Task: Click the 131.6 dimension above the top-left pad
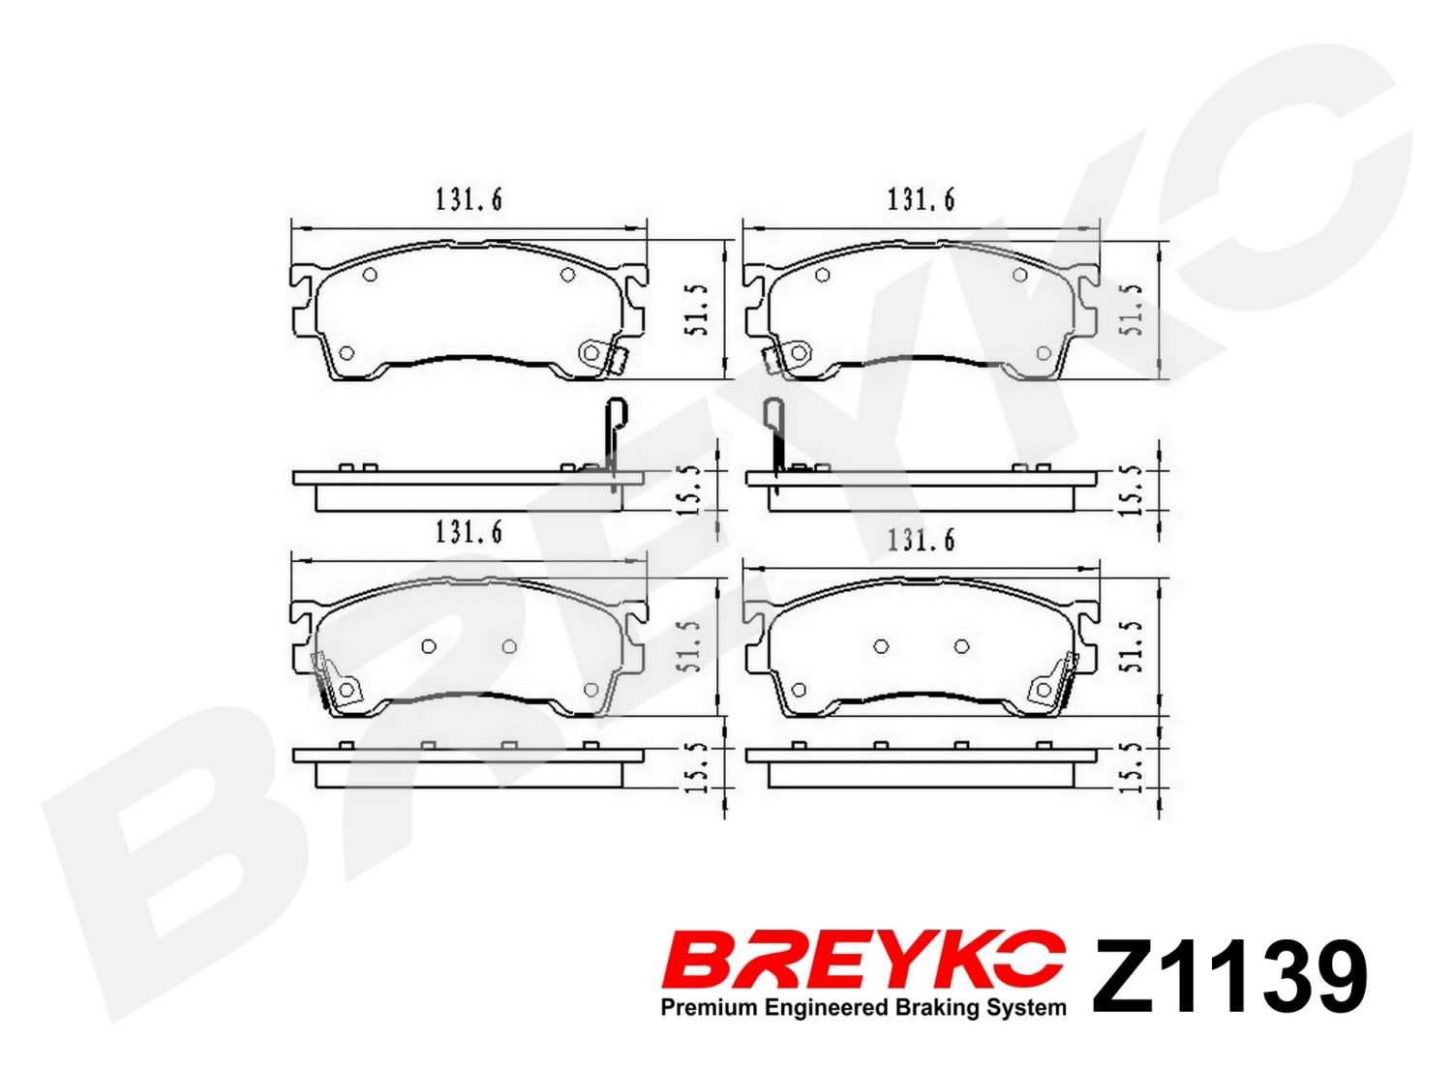(469, 200)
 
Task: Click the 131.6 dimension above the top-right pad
(921, 200)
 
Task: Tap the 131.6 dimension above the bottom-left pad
(469, 532)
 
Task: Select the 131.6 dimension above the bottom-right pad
(921, 540)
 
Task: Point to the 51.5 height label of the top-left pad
(696, 309)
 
